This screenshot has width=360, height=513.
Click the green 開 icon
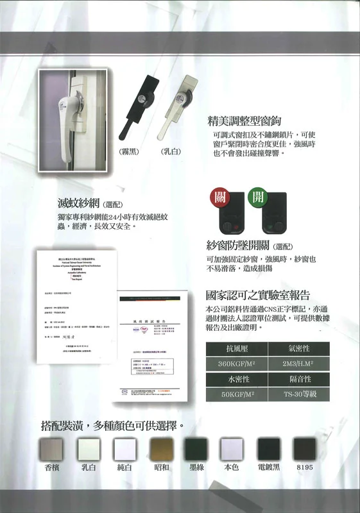pyautogui.click(x=258, y=197)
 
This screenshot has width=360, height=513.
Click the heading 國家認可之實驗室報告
pyautogui.click(x=258, y=296)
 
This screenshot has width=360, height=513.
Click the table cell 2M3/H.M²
pyautogui.click(x=300, y=365)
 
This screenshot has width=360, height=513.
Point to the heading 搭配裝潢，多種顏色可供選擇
pyautogui.click(x=112, y=426)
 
